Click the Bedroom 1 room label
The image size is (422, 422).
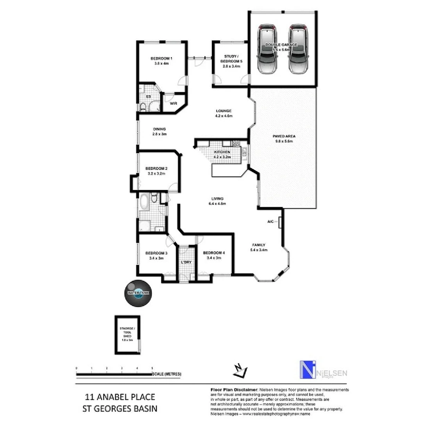(161, 59)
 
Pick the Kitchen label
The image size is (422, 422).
(222, 152)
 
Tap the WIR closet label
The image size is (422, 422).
(173, 104)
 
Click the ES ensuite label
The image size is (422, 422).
(148, 96)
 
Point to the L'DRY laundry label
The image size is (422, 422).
(186, 262)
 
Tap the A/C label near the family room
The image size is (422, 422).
(270, 222)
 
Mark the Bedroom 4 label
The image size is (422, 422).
(214, 253)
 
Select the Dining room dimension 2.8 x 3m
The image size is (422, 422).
(159, 134)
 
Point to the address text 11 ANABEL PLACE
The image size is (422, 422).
(120, 397)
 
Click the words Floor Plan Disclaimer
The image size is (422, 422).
(234, 390)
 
